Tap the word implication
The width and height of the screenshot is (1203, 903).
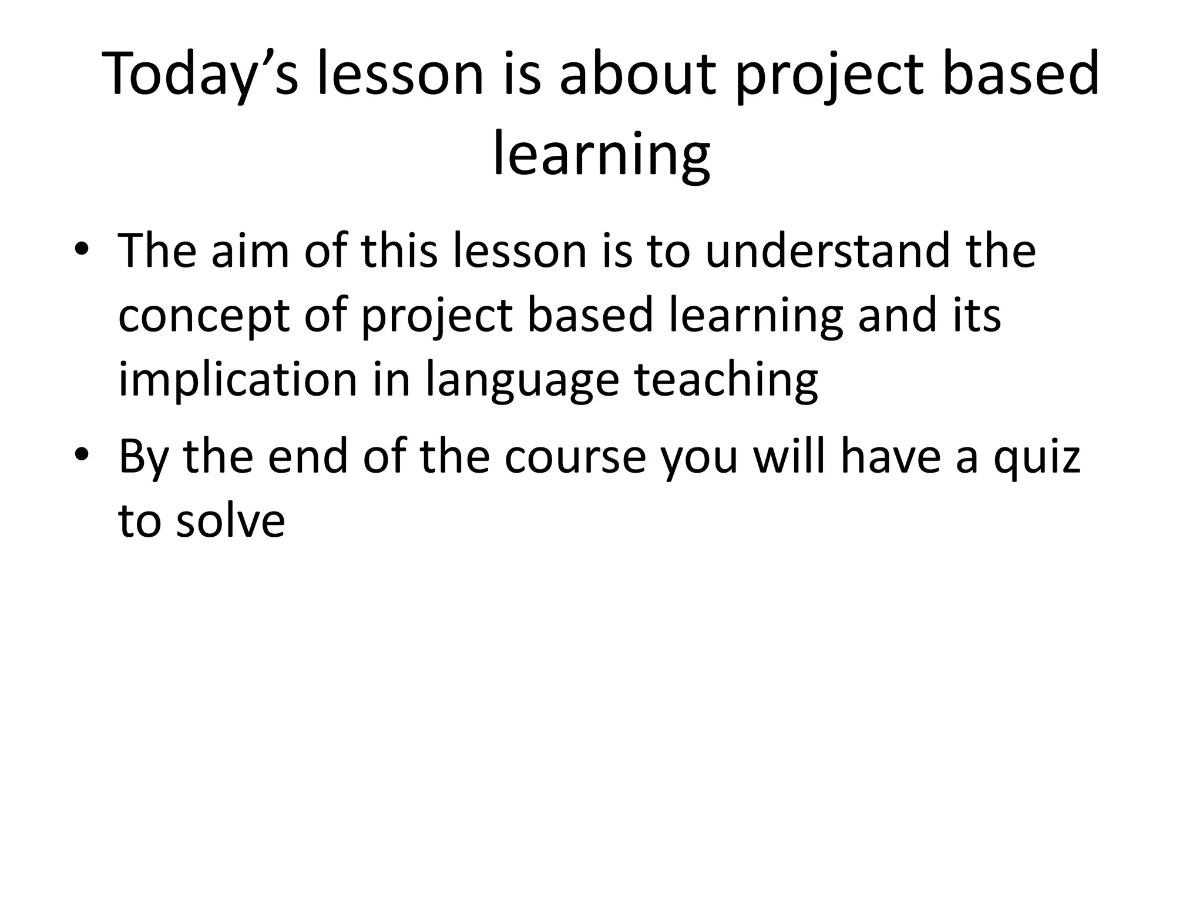point(238,380)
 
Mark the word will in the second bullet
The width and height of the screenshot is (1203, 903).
point(789,458)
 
